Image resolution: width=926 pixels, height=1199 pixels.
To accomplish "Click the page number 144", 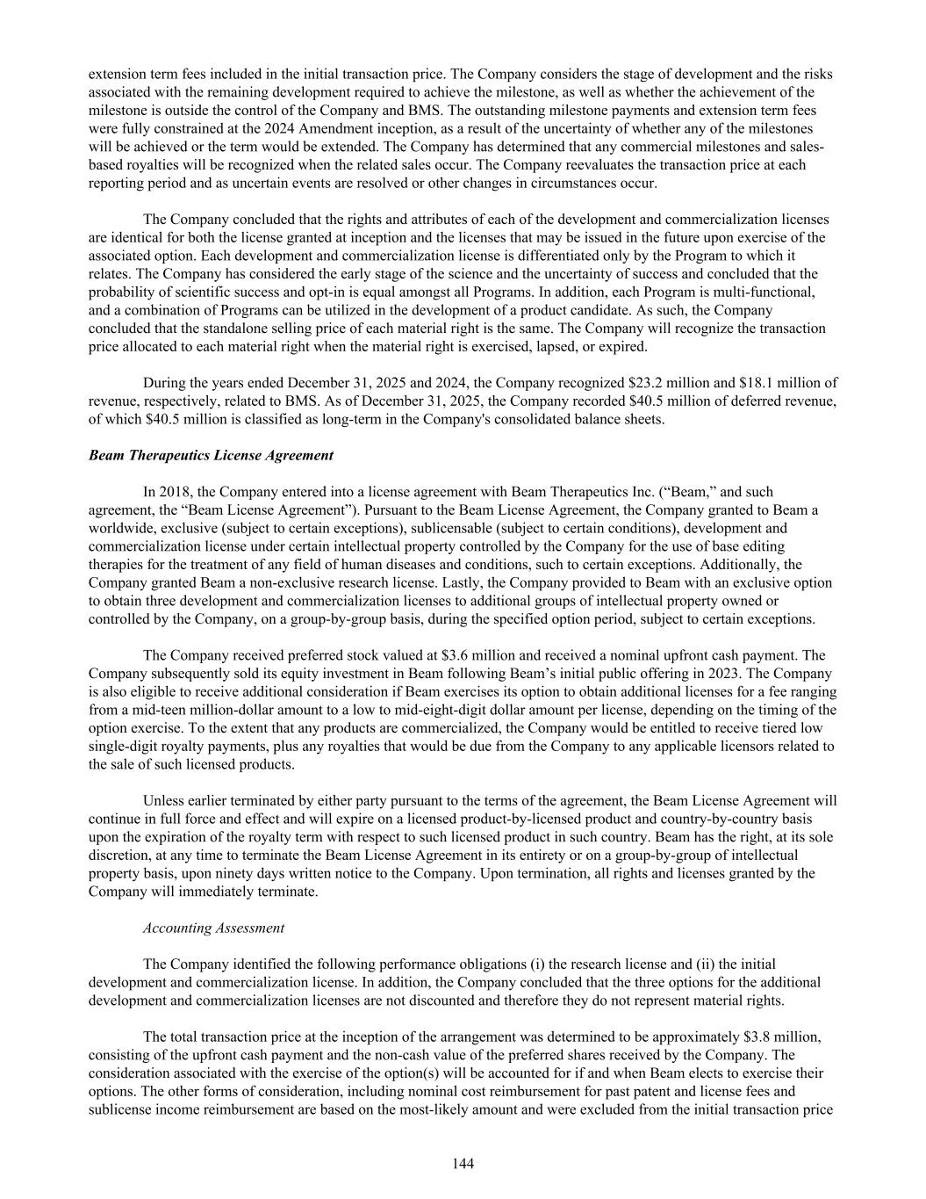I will (x=463, y=1164).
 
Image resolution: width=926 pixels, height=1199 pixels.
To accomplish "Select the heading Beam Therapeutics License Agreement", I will (x=211, y=455).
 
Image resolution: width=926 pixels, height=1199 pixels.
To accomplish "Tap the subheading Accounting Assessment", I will (x=213, y=928).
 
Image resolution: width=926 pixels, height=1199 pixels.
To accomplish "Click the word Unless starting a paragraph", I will (x=164, y=800).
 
